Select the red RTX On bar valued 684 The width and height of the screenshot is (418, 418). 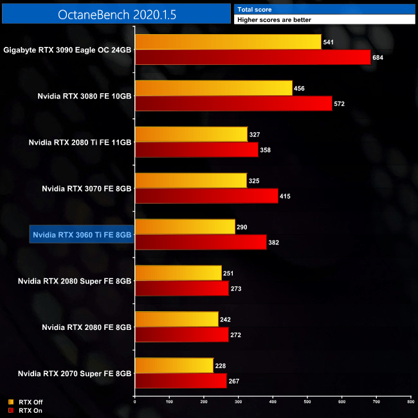click(253, 58)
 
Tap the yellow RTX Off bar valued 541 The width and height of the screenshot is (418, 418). click(228, 42)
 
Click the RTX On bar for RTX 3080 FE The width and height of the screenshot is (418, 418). click(233, 104)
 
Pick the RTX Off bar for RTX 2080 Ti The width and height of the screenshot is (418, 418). click(191, 134)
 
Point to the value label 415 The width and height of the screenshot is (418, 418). click(286, 195)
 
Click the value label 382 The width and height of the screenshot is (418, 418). click(275, 242)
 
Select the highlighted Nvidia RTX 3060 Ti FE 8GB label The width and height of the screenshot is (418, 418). click(82, 235)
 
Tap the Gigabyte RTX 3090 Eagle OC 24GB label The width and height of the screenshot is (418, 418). click(68, 50)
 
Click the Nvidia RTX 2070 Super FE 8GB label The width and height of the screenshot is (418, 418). click(75, 373)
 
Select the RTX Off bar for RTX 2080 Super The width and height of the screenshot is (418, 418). click(177, 273)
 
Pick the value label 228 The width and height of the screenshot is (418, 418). click(221, 365)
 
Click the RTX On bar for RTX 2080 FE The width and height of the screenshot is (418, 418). click(181, 334)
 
